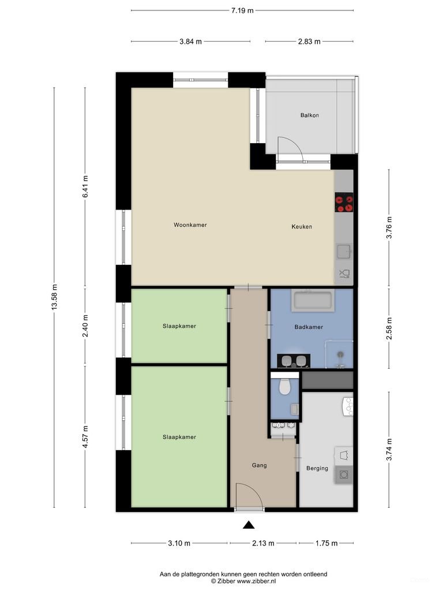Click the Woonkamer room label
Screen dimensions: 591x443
190,225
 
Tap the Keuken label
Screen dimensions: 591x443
301,227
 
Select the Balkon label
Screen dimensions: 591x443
309,115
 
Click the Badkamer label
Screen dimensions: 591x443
308,327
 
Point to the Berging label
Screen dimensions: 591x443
317,468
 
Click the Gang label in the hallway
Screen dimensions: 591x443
259,465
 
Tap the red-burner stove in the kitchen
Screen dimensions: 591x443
344,203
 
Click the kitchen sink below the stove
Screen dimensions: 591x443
344,252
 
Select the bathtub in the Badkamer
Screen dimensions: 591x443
312,301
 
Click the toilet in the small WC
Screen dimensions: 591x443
284,387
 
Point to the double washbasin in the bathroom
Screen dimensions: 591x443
294,361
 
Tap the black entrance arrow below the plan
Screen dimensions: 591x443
248,525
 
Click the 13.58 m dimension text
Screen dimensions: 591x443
54,298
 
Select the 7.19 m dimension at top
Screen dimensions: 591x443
242,10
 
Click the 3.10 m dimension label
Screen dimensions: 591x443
179,543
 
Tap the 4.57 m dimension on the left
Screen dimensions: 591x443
85,437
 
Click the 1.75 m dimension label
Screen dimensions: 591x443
326,543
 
